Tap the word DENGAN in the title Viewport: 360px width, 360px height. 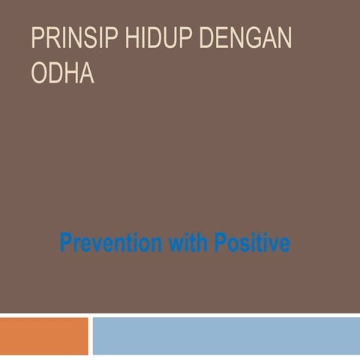coord(245,38)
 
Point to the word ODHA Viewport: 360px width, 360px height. coord(62,74)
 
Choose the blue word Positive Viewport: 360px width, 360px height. coord(252,243)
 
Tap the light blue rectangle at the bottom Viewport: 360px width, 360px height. coord(225,335)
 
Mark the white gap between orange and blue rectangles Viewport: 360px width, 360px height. coord(90,335)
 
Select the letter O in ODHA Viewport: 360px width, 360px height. coord(40,74)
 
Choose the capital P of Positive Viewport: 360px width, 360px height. coord(220,243)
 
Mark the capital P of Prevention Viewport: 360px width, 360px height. coord(65,243)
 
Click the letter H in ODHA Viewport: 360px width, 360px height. coord(71,74)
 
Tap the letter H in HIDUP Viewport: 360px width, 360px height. coord(131,38)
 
